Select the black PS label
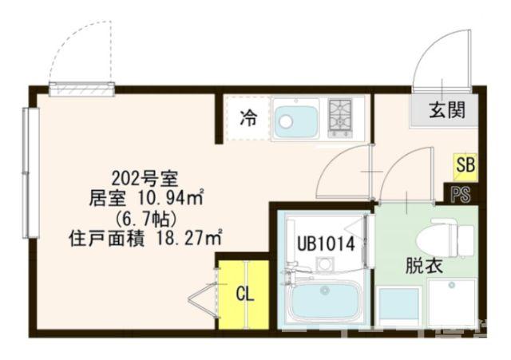point(461,195)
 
